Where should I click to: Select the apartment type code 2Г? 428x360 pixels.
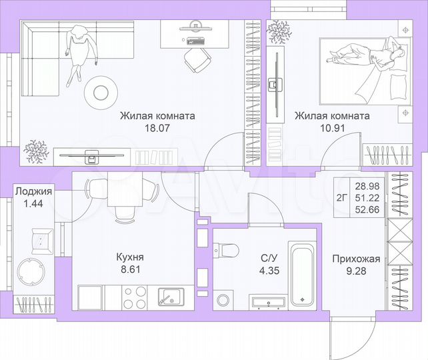click(341, 197)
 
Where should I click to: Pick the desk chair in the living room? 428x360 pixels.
click(195, 62)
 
